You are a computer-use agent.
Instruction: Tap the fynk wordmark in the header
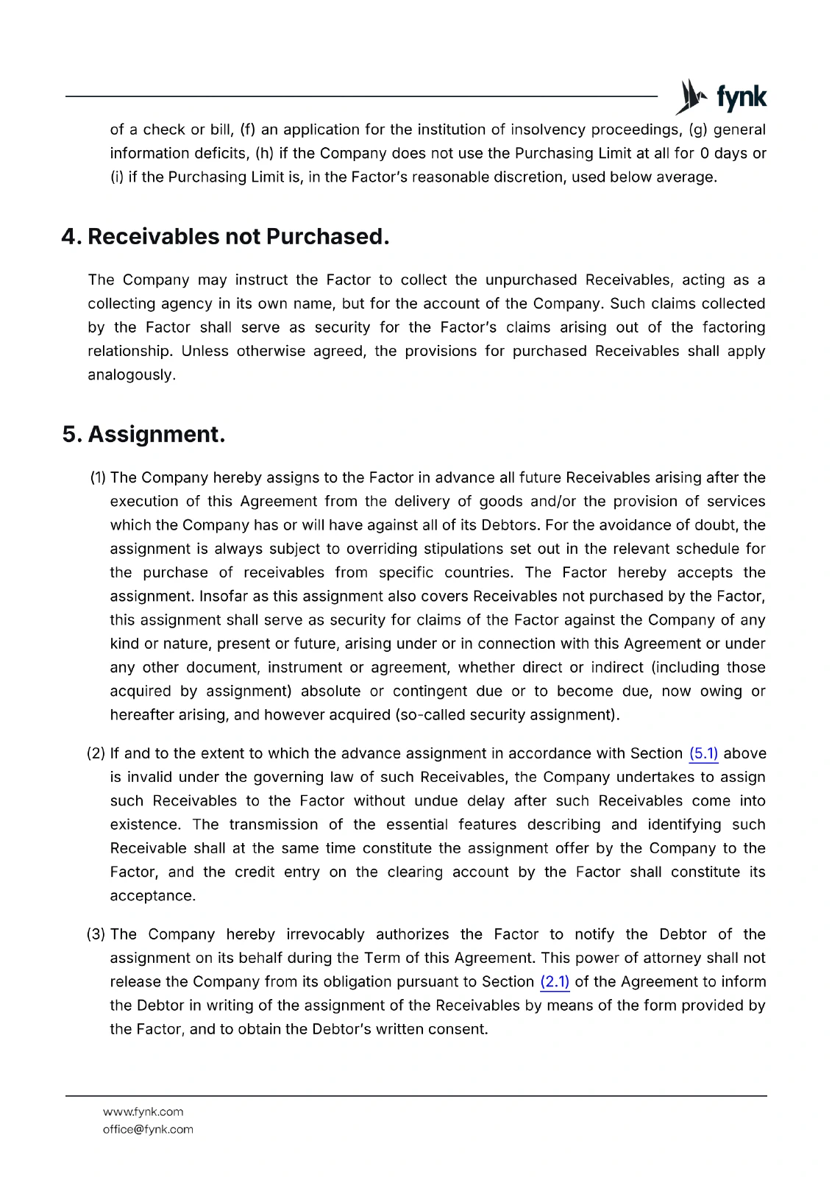tap(741, 97)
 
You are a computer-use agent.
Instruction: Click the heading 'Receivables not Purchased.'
tap(238, 237)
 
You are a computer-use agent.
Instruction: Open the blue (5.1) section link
tap(703, 753)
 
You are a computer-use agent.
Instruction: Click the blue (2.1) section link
tap(555, 981)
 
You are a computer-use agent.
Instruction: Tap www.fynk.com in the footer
tap(143, 1112)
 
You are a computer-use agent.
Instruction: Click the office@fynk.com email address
tap(148, 1129)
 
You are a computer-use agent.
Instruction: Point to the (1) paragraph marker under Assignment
tap(98, 477)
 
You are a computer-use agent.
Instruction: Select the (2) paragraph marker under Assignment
tap(96, 753)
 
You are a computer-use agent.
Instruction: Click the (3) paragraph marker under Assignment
tap(96, 934)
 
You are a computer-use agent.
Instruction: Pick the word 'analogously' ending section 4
tap(130, 375)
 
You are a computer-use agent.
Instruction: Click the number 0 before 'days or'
tap(704, 153)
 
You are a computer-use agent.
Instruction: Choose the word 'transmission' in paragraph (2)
tap(273, 825)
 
